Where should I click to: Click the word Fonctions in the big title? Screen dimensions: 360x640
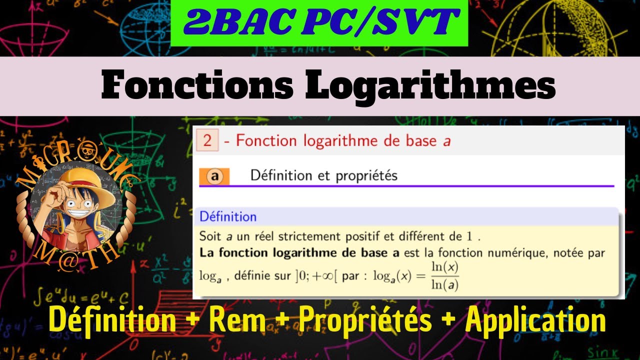(x=197, y=86)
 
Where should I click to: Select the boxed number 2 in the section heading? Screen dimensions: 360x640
(x=207, y=141)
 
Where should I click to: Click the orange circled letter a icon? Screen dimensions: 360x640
(x=214, y=176)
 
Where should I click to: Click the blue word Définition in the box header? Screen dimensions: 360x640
(x=228, y=217)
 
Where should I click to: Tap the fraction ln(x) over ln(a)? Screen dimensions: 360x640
(x=445, y=276)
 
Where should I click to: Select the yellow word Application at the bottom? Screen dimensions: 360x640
(x=535, y=321)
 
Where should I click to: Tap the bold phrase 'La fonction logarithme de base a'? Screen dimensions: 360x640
(x=299, y=253)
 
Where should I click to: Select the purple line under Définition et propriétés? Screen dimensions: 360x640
(x=406, y=186)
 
